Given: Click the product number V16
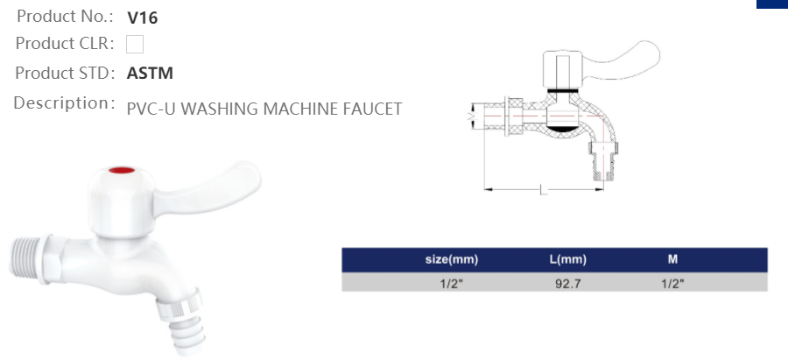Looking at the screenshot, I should coord(142,18).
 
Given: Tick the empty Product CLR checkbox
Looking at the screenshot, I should coord(135,44).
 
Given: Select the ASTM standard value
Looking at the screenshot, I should coord(150,74).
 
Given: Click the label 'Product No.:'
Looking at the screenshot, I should coord(65,17).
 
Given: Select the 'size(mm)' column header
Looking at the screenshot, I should coord(451,260).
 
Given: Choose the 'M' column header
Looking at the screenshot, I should coord(672,260).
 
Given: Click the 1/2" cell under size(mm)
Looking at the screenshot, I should coord(451,284).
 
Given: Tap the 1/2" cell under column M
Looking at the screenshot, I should coord(672,284).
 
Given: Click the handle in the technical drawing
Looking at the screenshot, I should coord(604,61).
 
